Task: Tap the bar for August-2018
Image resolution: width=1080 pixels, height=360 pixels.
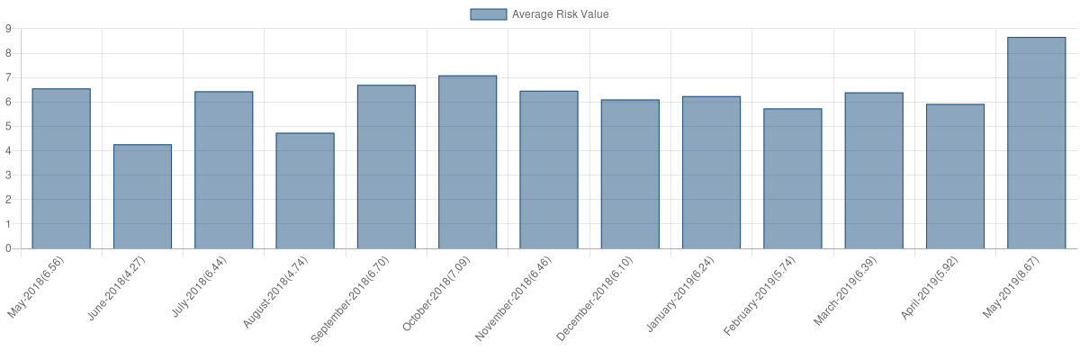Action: pyautogui.click(x=305, y=190)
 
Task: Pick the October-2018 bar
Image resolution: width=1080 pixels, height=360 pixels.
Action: pyautogui.click(x=468, y=162)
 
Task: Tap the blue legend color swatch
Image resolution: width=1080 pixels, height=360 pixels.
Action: pyautogui.click(x=488, y=14)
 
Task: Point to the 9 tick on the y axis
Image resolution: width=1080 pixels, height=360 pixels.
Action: pyautogui.click(x=8, y=29)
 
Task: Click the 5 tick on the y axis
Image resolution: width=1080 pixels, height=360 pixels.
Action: pyautogui.click(x=8, y=126)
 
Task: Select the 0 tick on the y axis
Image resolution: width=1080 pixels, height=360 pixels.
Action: pyautogui.click(x=8, y=247)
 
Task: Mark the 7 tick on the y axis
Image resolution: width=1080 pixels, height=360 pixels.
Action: pyautogui.click(x=8, y=77)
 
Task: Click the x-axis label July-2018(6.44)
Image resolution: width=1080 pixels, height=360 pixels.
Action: pyautogui.click(x=200, y=287)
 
